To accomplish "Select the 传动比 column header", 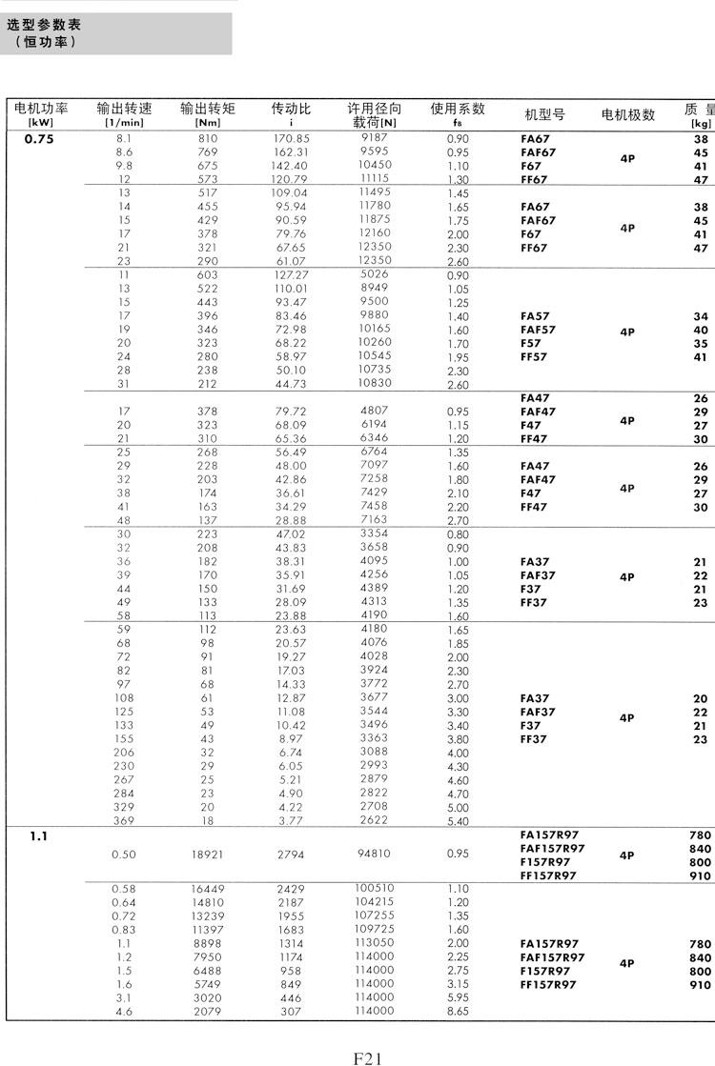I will [x=291, y=109].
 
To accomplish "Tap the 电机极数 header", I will [x=627, y=114].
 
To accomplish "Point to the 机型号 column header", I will [x=544, y=114].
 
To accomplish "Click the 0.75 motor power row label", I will [x=39, y=139].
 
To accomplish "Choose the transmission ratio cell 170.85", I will [x=291, y=139].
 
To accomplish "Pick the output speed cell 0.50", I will [x=124, y=855].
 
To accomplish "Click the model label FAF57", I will [x=539, y=331].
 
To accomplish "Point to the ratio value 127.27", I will [x=291, y=274].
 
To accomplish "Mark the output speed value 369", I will [x=124, y=820].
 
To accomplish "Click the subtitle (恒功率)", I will [x=46, y=43].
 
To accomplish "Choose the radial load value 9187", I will [x=375, y=139].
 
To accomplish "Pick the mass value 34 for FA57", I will [x=701, y=316].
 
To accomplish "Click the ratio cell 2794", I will [x=291, y=855].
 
